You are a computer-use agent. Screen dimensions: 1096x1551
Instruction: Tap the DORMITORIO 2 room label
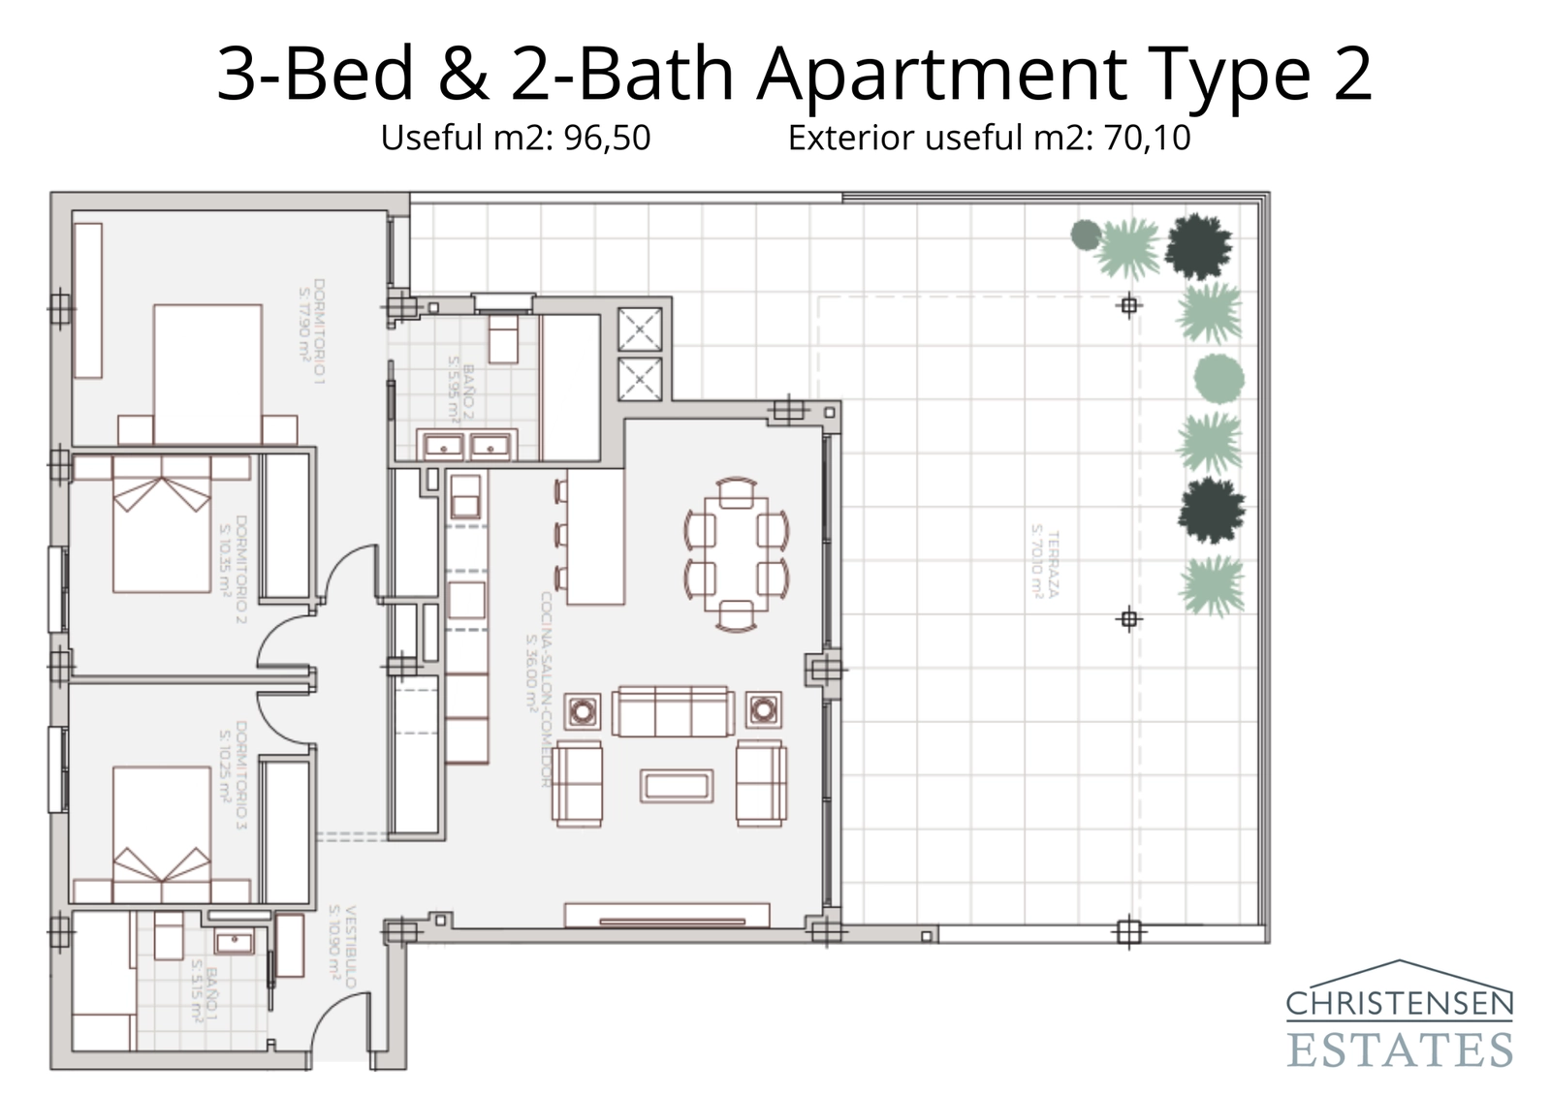[x=233, y=571]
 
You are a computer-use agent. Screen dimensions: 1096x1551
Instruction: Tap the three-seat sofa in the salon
[x=671, y=712]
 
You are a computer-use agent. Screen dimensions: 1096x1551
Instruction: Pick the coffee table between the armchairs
[x=676, y=785]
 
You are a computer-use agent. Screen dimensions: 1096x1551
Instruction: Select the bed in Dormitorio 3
[x=162, y=824]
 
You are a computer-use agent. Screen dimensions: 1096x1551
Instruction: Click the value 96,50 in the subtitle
[x=607, y=138]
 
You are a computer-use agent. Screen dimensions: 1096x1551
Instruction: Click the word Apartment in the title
[x=940, y=75]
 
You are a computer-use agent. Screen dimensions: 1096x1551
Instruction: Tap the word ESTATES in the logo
[x=1399, y=1049]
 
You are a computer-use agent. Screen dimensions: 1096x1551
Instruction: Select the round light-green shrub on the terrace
[x=1219, y=378]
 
